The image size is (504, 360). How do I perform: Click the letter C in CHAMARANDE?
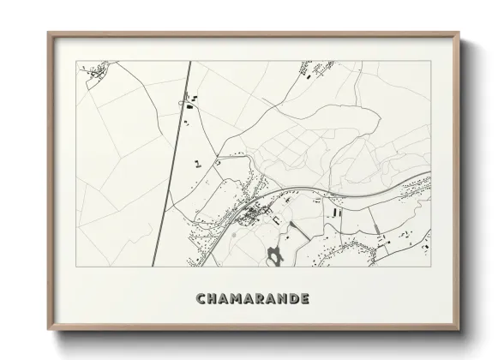pos(201,299)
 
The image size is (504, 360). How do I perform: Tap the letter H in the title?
pos(213,299)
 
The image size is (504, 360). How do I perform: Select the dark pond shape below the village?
pos(274,254)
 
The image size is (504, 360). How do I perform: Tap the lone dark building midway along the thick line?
pos(198,161)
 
